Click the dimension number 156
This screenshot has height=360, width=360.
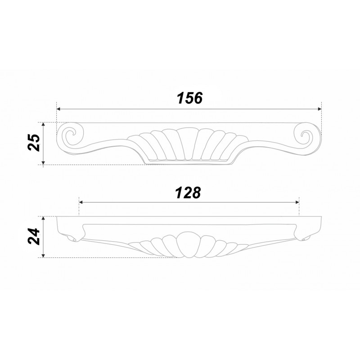coord(190,98)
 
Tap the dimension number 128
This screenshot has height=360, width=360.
coord(188,193)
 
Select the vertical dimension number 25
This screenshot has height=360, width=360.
coord(34,142)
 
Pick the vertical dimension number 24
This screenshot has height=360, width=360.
coord(34,236)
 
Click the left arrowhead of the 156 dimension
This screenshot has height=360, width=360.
coord(58,109)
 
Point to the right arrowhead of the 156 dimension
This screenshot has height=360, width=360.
coord(319,109)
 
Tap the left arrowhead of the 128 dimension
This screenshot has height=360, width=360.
coord(81,202)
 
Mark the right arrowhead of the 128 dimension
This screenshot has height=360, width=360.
coord(297,202)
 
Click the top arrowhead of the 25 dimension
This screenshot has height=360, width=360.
coord(43,124)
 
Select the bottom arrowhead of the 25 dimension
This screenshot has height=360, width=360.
coord(43,163)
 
